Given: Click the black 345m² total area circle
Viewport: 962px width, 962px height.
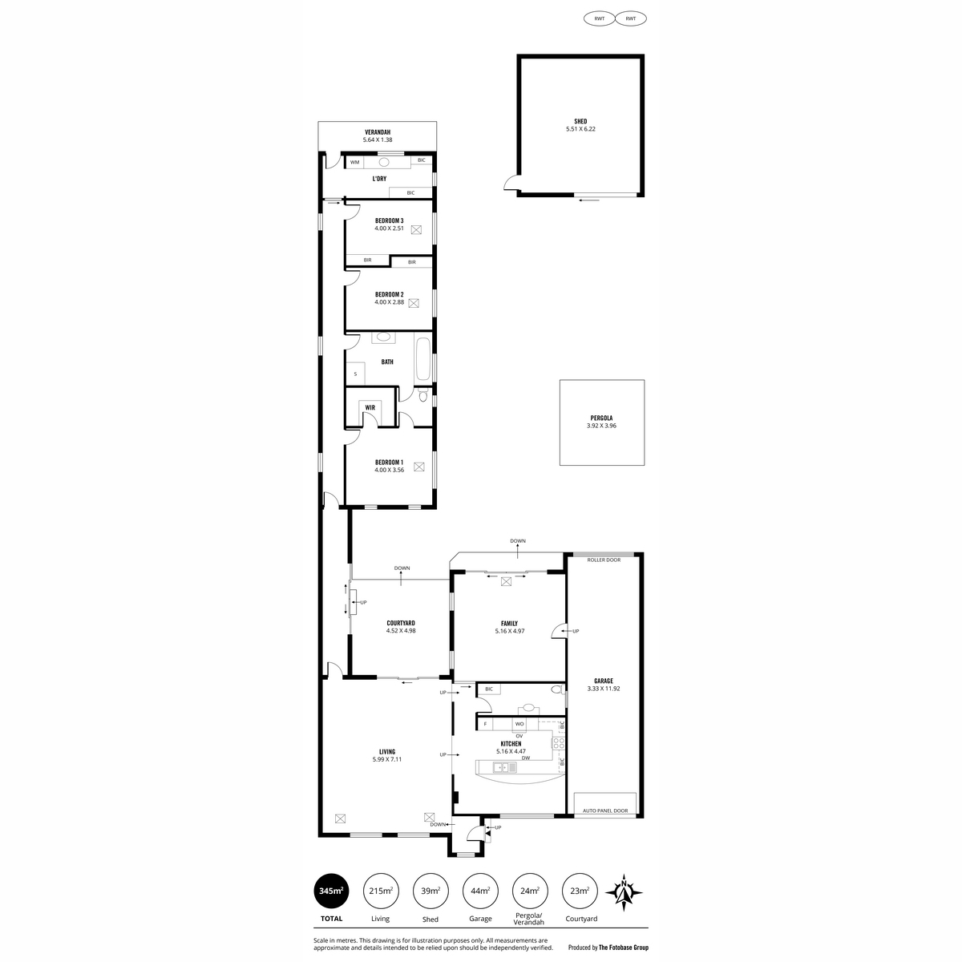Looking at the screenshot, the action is pyautogui.click(x=331, y=891).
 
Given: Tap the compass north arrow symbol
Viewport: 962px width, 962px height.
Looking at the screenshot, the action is pyautogui.click(x=624, y=892).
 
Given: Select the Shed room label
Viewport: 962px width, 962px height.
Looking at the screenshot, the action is pyautogui.click(x=580, y=121).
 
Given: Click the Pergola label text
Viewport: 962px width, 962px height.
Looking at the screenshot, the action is pyautogui.click(x=601, y=418).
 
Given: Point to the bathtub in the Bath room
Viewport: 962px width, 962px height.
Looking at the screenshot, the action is pyautogui.click(x=422, y=359).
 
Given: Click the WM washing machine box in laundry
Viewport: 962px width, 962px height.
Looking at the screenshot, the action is pyautogui.click(x=354, y=162).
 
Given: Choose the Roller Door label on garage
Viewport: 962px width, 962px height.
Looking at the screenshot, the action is pyautogui.click(x=604, y=560).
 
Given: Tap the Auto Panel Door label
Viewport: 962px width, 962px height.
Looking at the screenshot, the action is pyautogui.click(x=605, y=825).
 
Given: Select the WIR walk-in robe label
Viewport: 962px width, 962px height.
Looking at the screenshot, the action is pyautogui.click(x=370, y=407).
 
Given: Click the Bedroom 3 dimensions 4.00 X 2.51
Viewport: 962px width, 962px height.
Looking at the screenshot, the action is pyautogui.click(x=389, y=228).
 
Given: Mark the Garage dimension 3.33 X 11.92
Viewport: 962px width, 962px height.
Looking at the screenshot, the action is pyautogui.click(x=604, y=689).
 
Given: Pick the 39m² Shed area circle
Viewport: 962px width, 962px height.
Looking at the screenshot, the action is pyautogui.click(x=430, y=891).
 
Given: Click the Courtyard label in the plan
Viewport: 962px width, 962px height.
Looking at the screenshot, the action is pyautogui.click(x=400, y=623).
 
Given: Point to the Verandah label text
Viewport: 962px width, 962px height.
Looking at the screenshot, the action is pyautogui.click(x=378, y=132).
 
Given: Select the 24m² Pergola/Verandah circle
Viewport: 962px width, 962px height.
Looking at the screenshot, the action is pyautogui.click(x=530, y=891).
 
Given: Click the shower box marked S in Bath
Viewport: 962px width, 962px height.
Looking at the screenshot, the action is pyautogui.click(x=355, y=374).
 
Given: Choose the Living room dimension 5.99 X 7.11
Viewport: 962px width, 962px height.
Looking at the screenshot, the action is pyautogui.click(x=387, y=759).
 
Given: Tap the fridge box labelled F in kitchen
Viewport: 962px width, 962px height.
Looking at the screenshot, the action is pyautogui.click(x=485, y=723).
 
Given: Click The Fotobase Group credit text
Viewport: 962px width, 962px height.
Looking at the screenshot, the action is pyautogui.click(x=624, y=948).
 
